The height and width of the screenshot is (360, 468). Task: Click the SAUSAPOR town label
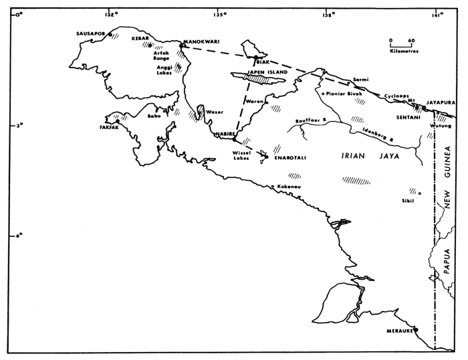(91, 32)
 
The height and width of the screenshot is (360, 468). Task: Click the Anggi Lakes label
(163, 70)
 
